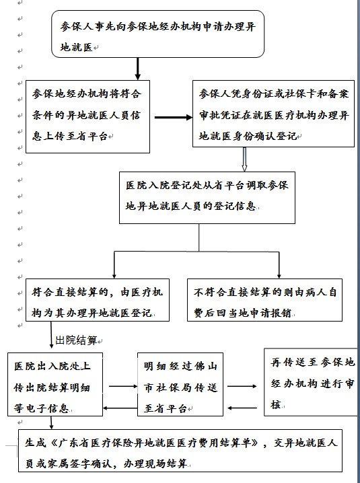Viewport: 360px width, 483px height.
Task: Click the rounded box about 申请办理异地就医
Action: (x=157, y=34)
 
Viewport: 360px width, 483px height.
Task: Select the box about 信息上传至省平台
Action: (x=87, y=116)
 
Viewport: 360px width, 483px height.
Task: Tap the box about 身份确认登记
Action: (x=273, y=114)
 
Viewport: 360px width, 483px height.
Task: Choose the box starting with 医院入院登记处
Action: (x=207, y=198)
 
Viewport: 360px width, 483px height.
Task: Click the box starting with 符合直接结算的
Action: (x=98, y=300)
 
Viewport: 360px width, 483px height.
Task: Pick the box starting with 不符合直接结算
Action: (x=264, y=300)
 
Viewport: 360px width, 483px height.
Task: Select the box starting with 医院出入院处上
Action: (x=55, y=384)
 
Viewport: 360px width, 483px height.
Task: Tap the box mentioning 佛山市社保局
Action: (x=180, y=384)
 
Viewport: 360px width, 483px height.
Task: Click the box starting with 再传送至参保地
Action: (x=312, y=382)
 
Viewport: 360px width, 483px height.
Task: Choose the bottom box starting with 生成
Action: (x=180, y=450)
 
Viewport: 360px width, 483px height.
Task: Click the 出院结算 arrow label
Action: (x=76, y=340)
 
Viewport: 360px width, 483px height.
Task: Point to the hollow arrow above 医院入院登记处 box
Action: (x=244, y=159)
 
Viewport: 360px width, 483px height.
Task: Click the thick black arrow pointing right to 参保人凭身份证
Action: (x=174, y=117)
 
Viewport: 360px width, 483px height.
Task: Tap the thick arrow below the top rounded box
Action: (x=138, y=69)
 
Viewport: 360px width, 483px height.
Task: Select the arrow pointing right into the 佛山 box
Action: (x=123, y=386)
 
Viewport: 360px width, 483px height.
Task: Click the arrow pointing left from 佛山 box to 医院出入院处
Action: (x=120, y=408)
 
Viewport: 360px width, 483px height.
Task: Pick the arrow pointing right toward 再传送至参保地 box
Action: (x=242, y=386)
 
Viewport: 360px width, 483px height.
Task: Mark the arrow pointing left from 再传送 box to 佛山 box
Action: (x=242, y=408)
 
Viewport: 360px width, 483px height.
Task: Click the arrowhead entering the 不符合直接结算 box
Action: (x=279, y=276)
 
